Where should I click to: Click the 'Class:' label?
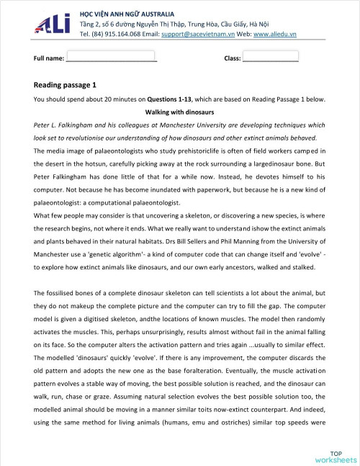[232, 57]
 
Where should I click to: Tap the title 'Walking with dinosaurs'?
[179, 112]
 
